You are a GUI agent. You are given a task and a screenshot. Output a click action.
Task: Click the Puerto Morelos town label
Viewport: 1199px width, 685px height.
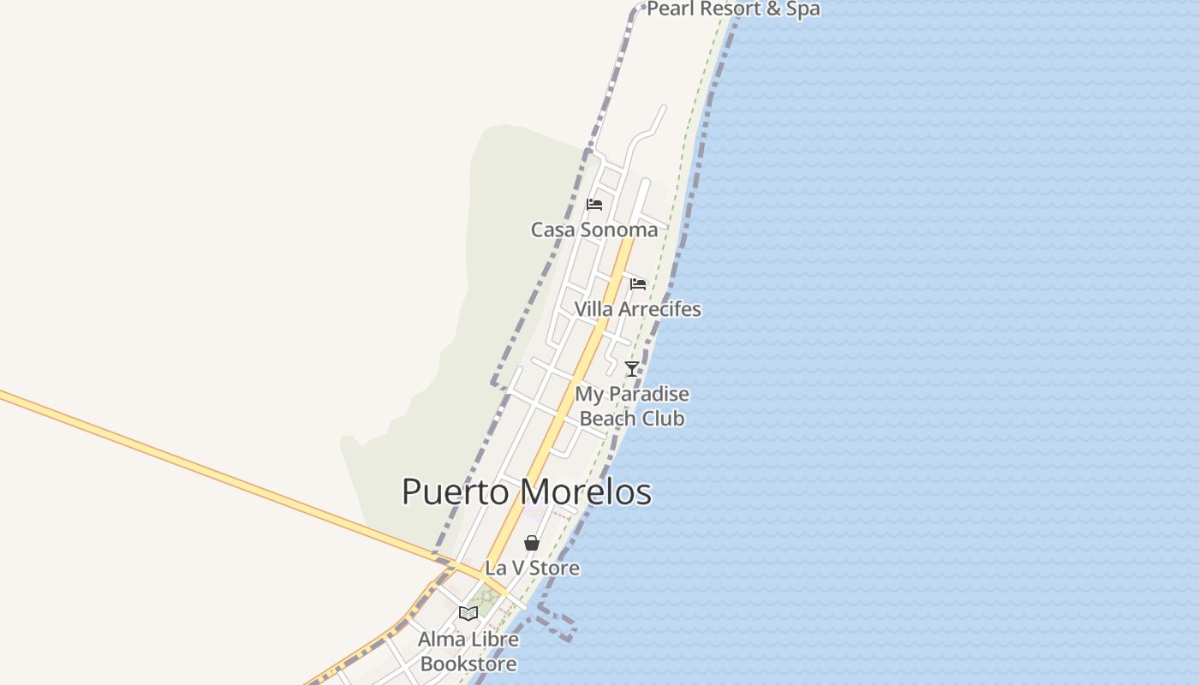[526, 492]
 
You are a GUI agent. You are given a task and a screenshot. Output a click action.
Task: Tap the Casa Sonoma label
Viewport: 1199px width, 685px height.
[594, 229]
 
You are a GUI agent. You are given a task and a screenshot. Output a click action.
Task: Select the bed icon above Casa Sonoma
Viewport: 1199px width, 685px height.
[594, 205]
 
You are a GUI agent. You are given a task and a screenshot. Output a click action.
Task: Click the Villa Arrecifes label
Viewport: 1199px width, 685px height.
[637, 309]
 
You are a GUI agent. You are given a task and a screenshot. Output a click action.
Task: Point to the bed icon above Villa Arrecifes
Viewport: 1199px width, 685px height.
[638, 284]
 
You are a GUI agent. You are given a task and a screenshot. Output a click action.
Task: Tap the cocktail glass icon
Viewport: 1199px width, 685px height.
[632, 369]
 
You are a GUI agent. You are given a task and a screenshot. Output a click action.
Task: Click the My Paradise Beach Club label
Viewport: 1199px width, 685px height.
[632, 407]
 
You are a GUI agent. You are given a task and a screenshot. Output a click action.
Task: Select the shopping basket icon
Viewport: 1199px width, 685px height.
[532, 543]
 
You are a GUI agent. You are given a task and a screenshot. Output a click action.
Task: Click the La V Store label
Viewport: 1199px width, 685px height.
[532, 568]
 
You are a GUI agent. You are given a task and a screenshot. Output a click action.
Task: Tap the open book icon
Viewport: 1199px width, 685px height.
[468, 613]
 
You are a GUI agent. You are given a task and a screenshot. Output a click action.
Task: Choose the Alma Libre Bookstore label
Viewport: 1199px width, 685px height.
[468, 652]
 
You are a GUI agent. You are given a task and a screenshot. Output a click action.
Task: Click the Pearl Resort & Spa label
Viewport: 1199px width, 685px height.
[733, 9]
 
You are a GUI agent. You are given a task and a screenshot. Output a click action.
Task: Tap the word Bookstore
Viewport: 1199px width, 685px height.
[468, 664]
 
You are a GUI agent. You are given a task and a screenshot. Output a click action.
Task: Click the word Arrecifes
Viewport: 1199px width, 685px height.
[659, 309]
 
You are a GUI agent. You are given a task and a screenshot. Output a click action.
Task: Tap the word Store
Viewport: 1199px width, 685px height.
[555, 568]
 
